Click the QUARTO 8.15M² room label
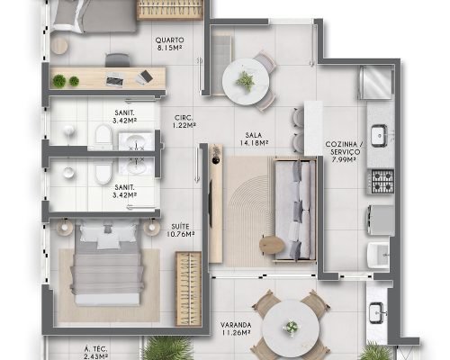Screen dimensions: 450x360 pyautogui.click(x=169, y=43)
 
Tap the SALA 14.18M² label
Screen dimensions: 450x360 pyautogui.click(x=254, y=139)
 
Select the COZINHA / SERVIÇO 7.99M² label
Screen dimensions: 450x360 pyautogui.click(x=344, y=152)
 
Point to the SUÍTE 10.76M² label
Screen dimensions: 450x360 pyautogui.click(x=180, y=230)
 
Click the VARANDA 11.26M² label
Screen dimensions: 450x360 pyautogui.click(x=236, y=328)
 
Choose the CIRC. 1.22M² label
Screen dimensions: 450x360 pyautogui.click(x=184, y=121)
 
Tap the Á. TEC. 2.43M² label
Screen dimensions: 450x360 pyautogui.click(x=96, y=353)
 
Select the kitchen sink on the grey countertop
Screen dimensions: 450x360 pyautogui.click(x=380, y=136)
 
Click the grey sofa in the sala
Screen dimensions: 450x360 pyautogui.click(x=295, y=209)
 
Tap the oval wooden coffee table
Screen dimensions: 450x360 pyautogui.click(x=272, y=245)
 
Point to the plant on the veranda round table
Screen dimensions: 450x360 pyautogui.click(x=291, y=327)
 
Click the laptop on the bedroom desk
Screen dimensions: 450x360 pyautogui.click(x=113, y=78)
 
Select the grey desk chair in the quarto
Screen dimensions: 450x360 pyautogui.click(x=118, y=59)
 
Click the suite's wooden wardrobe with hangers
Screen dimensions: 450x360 pyautogui.click(x=188, y=289)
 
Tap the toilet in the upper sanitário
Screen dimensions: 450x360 pyautogui.click(x=103, y=137)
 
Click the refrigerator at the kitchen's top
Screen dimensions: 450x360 pyautogui.click(x=376, y=82)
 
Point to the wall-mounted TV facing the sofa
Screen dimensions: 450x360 pyautogui.click(x=211, y=203)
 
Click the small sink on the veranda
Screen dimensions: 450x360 pyautogui.click(x=376, y=313)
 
